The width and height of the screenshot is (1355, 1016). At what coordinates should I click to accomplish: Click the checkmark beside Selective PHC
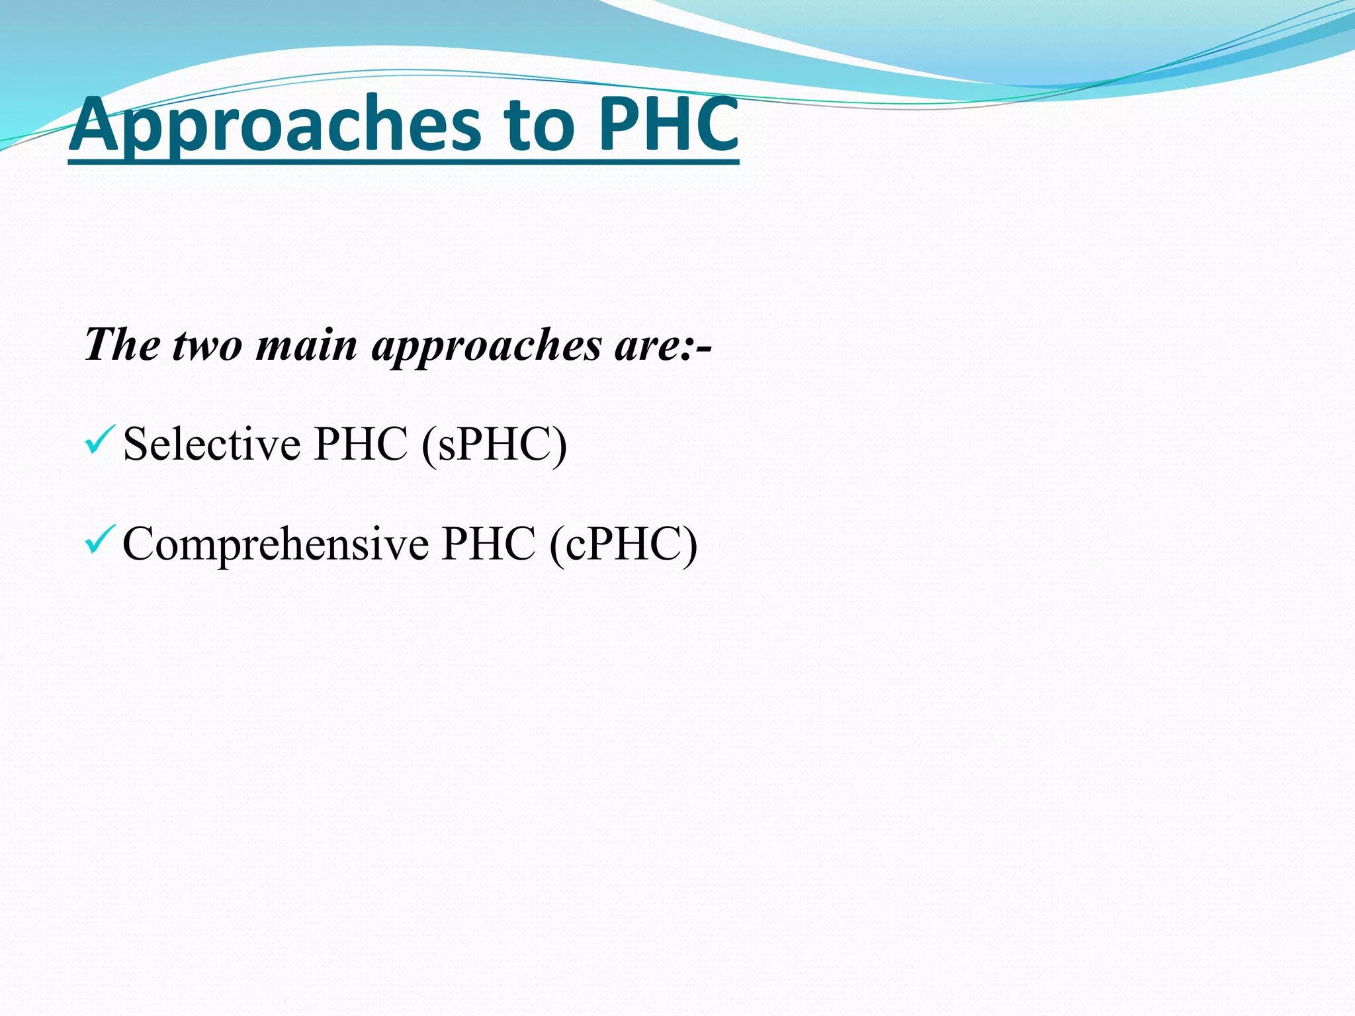click(100, 441)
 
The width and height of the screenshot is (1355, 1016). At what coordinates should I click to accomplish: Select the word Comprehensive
click(275, 544)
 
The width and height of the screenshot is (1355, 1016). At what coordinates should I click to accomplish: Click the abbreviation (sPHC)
click(494, 444)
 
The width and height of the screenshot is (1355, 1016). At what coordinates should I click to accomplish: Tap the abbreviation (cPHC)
click(623, 544)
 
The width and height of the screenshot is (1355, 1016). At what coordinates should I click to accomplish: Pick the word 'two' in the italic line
click(207, 345)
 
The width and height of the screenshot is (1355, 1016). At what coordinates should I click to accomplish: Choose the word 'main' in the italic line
click(306, 345)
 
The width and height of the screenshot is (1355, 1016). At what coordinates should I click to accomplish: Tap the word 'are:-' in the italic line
click(662, 345)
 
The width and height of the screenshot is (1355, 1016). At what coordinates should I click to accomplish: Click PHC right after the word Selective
click(361, 444)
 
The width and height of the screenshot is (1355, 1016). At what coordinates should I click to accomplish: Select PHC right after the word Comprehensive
click(488, 544)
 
